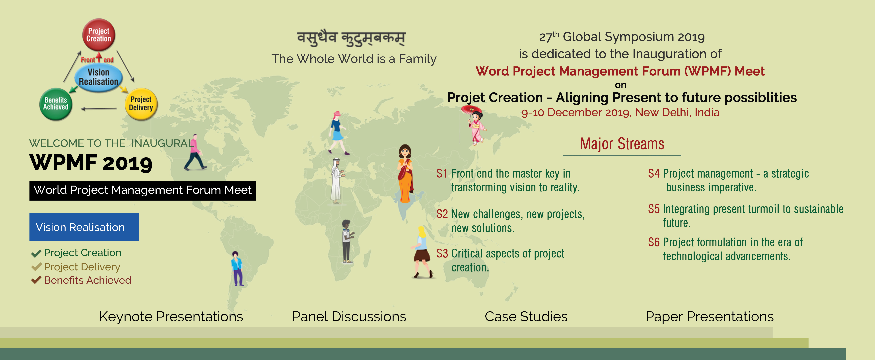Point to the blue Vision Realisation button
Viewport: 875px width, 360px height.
[84, 227]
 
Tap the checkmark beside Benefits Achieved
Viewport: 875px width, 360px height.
[36, 281]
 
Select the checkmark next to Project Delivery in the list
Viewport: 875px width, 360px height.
[36, 267]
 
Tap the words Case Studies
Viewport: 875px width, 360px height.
[526, 317]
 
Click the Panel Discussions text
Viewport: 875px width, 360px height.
[349, 317]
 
